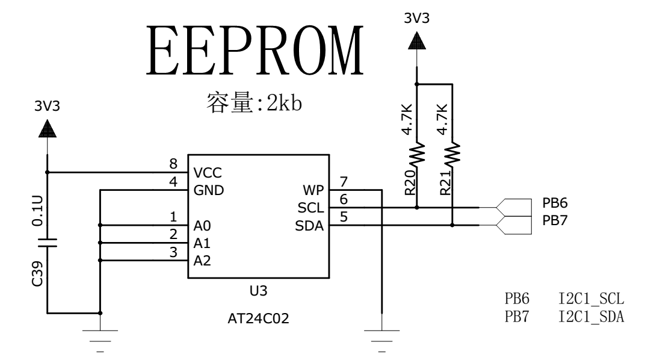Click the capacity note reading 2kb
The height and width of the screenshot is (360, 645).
[x=253, y=103]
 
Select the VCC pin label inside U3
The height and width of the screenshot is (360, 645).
[x=208, y=173]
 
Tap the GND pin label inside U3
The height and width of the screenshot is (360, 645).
[x=208, y=190]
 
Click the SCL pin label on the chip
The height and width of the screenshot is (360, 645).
[x=311, y=208]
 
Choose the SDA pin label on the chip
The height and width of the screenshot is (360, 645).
[x=310, y=226]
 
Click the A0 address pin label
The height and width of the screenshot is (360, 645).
[x=202, y=226]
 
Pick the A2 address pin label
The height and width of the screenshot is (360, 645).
[x=202, y=261]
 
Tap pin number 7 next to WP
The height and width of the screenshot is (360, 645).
[x=344, y=182]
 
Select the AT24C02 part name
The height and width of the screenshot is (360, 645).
[x=258, y=319]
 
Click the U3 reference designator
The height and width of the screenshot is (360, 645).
[x=258, y=291]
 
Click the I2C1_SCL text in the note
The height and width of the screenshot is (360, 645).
[x=591, y=299]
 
